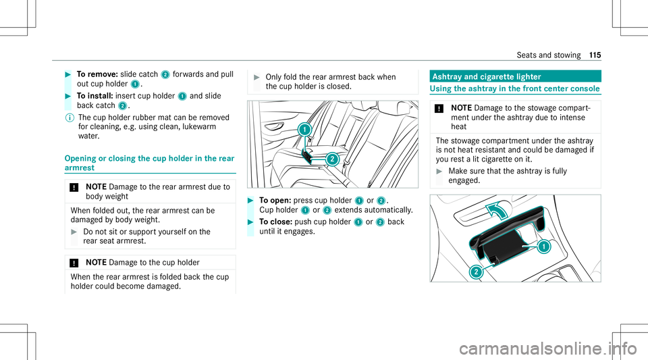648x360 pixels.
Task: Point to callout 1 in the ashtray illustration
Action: [543, 247]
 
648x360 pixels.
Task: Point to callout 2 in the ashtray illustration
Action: [477, 272]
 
